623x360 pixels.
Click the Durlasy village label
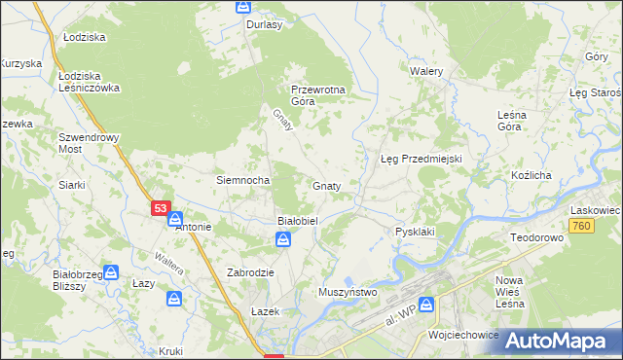tap(264, 25)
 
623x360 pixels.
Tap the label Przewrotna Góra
tap(318, 94)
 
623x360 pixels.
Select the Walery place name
tap(426, 72)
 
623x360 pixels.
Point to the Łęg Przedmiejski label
tap(420, 159)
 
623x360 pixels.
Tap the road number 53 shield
tap(161, 208)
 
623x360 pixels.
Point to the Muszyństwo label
tap(348, 291)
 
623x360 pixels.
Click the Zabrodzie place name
tap(250, 272)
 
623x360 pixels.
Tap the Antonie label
tap(192, 228)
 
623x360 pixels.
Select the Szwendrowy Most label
tap(89, 144)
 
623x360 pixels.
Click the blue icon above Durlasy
tap(243, 7)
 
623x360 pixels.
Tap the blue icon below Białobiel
tap(281, 239)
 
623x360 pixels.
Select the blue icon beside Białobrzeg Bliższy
tap(112, 273)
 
